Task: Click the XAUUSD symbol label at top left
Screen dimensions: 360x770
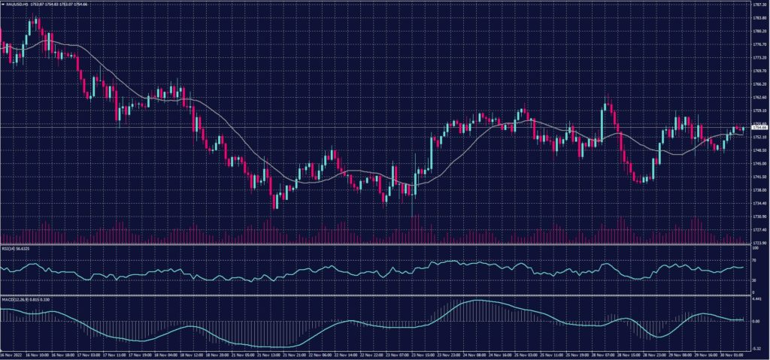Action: coord(16,4)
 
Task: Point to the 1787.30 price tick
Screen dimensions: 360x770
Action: coord(759,4)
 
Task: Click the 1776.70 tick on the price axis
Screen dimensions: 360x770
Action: coord(759,44)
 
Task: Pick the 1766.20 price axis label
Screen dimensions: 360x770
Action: coord(759,83)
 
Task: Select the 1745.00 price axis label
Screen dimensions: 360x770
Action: coord(759,163)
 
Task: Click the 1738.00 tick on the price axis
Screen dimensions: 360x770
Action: coord(759,189)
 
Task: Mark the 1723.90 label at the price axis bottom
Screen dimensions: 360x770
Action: coord(759,243)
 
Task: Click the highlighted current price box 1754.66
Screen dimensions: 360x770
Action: coord(759,128)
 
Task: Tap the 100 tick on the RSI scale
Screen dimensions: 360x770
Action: coord(754,248)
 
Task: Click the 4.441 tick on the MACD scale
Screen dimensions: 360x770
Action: coord(757,299)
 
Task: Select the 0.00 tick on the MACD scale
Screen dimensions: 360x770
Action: coord(756,321)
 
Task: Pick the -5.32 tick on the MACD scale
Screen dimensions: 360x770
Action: coord(757,348)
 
